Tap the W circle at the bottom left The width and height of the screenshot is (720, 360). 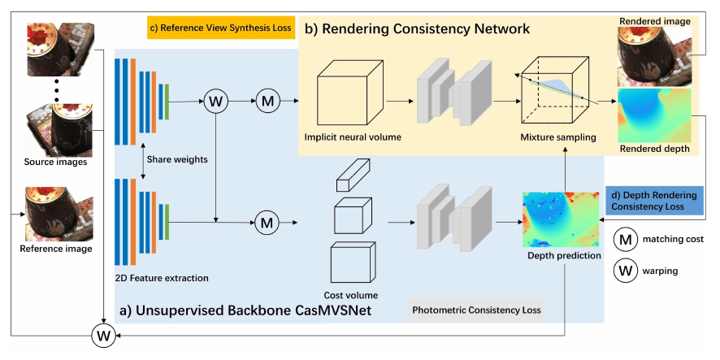pyautogui.click(x=104, y=336)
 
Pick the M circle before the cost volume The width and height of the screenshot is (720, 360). pyautogui.click(x=267, y=219)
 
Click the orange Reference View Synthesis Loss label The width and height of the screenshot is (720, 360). pyautogui.click(x=219, y=28)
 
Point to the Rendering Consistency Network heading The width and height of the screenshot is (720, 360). pyautogui.click(x=417, y=29)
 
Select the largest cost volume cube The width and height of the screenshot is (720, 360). pyautogui.click(x=351, y=262)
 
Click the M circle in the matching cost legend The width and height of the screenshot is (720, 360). pyautogui.click(x=627, y=240)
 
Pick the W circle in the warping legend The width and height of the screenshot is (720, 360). pyautogui.click(x=627, y=271)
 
